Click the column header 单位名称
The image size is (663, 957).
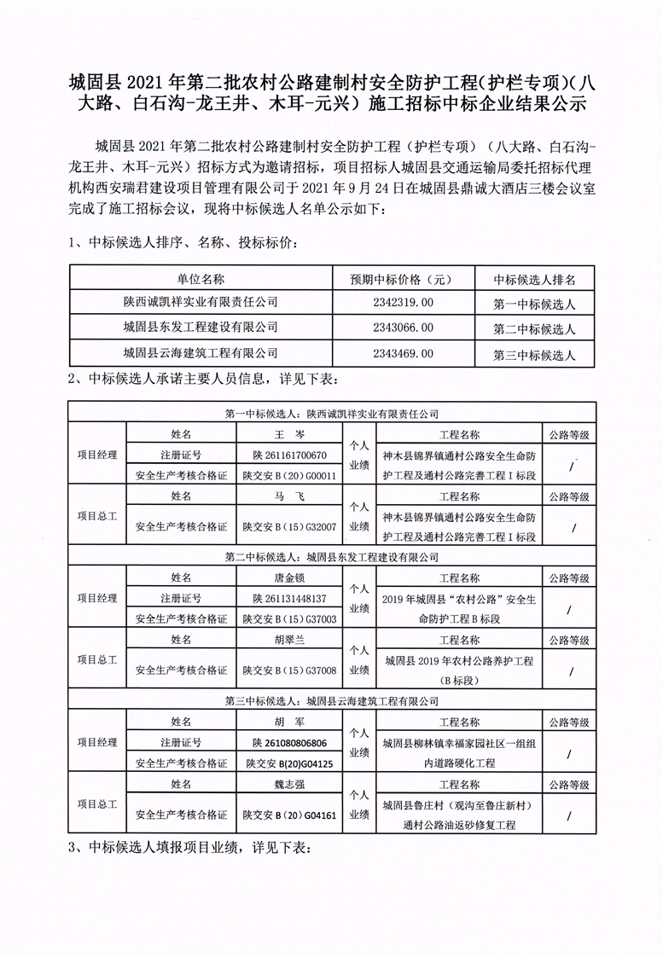pos(201,279)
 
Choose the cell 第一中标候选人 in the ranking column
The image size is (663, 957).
pos(535,304)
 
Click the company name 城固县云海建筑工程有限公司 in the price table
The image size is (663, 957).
pos(201,352)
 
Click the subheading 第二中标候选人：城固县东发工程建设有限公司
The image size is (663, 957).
pos(331,557)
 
